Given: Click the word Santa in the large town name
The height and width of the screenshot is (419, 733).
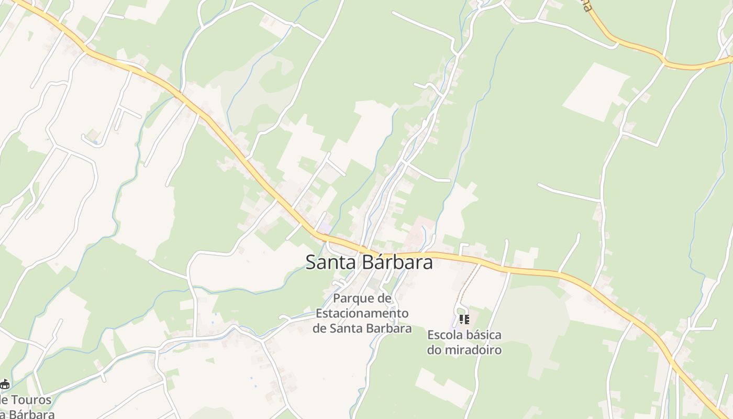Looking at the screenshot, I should tap(329, 262).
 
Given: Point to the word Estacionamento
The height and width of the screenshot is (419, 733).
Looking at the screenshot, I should tap(362, 314).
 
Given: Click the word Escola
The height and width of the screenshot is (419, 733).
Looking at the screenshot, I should tap(445, 335).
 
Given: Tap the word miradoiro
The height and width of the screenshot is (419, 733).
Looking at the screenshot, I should tap(472, 350).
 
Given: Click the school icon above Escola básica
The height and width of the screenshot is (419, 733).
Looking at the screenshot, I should tap(464, 319).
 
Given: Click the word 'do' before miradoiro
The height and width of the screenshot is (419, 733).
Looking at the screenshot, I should tap(434, 350).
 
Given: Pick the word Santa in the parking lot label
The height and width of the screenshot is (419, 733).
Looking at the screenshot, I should tap(345, 329).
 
